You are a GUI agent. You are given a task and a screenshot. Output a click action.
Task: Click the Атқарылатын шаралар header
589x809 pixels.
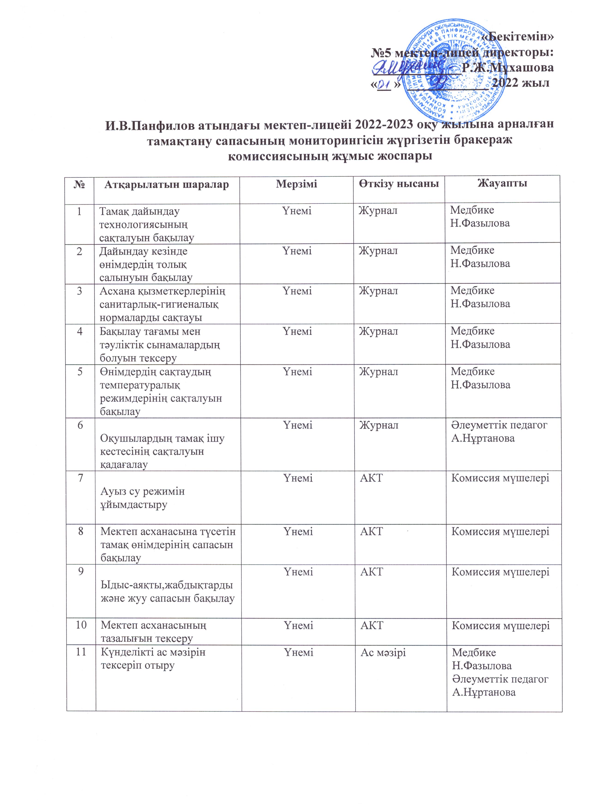pyautogui.click(x=166, y=184)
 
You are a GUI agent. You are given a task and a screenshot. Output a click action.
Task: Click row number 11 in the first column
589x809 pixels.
pyautogui.click(x=81, y=653)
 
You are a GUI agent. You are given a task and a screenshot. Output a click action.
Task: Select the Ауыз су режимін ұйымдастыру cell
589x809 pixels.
pyautogui.click(x=142, y=498)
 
